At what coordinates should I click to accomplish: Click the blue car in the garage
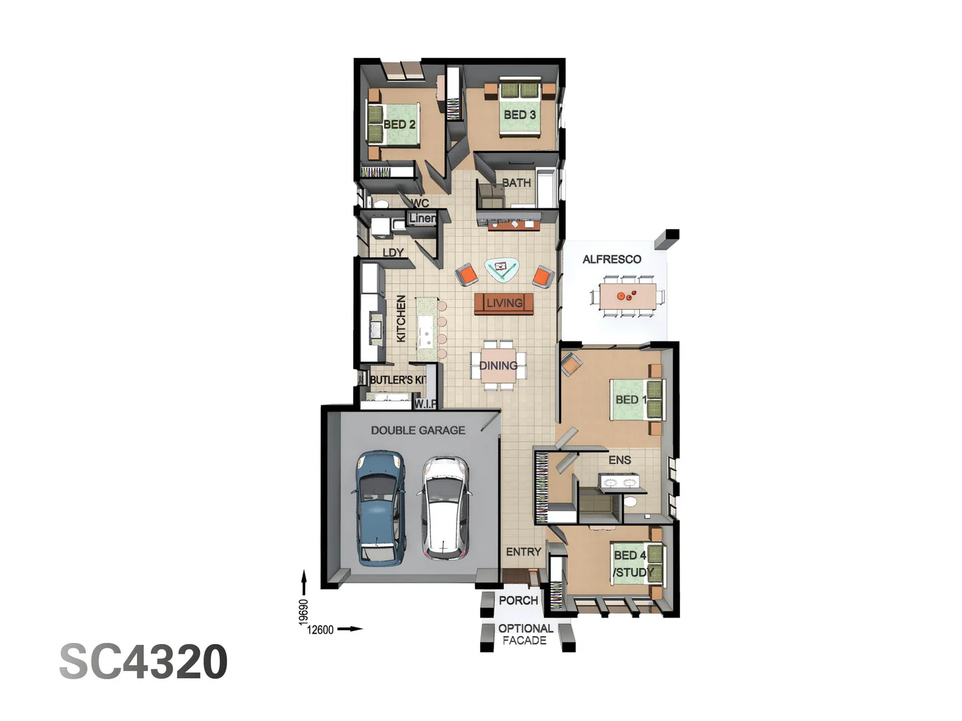click(379, 508)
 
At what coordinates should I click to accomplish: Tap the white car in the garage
click(445, 508)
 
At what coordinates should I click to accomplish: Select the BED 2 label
click(399, 125)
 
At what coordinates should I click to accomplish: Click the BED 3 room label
click(520, 115)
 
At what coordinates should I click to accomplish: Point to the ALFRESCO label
click(611, 260)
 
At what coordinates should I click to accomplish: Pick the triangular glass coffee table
click(502, 269)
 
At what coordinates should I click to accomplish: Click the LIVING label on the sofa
click(504, 303)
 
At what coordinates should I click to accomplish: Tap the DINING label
click(498, 366)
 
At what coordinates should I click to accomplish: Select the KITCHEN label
click(401, 318)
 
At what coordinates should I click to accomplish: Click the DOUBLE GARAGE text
click(418, 431)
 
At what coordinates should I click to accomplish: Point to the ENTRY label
click(523, 552)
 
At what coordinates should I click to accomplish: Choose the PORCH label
click(518, 601)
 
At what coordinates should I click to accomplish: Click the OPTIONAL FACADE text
click(526, 635)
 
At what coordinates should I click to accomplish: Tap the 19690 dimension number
click(303, 612)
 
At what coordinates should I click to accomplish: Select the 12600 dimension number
click(320, 630)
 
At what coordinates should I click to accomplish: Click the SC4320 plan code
click(144, 662)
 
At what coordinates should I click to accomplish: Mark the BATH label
click(516, 183)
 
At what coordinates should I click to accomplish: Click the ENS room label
click(619, 460)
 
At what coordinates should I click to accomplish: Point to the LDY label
click(393, 253)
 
